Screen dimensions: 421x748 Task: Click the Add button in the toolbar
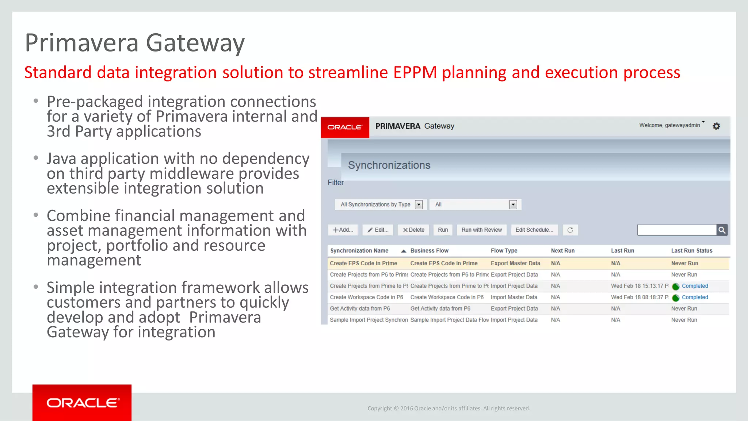(x=343, y=230)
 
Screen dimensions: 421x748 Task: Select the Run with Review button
(x=481, y=230)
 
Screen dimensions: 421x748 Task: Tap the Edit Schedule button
(x=534, y=230)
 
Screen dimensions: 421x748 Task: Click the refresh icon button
(x=570, y=230)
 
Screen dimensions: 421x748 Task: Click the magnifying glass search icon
(x=722, y=230)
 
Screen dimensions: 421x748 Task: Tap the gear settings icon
(x=716, y=126)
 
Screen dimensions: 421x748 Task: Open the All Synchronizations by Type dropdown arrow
(x=419, y=205)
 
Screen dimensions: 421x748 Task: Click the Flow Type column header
(x=504, y=251)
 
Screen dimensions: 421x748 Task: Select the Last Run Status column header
(x=691, y=251)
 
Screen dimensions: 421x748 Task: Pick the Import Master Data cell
(x=514, y=297)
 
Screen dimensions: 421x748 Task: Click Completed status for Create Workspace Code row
(x=694, y=297)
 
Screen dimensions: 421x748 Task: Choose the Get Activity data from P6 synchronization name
(x=360, y=309)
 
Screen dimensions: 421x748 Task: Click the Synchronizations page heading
(x=389, y=165)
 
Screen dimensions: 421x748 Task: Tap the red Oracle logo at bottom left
(x=82, y=403)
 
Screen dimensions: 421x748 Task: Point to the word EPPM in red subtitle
(x=415, y=72)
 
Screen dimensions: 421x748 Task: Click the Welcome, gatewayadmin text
(x=669, y=125)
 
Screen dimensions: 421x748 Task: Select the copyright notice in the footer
(x=449, y=409)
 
